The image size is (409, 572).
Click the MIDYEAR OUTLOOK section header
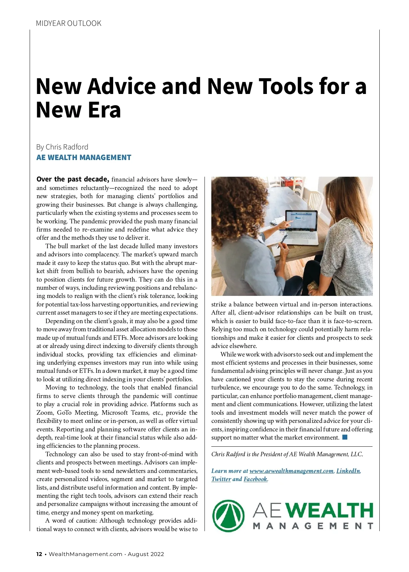pyautogui.click(x=69, y=23)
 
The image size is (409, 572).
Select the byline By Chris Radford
pyautogui.click(x=62, y=147)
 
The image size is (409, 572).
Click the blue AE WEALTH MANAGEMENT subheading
pyautogui.click(x=84, y=157)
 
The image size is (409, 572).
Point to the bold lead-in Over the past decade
pyautogui.click(x=73, y=179)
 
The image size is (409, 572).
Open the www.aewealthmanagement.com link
pyautogui.click(x=291, y=471)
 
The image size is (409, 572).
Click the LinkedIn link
pyautogui.click(x=348, y=471)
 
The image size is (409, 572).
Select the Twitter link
pyautogui.click(x=221, y=479)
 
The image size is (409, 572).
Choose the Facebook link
pyautogui.click(x=256, y=479)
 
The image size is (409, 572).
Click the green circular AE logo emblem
pyautogui.click(x=228, y=515)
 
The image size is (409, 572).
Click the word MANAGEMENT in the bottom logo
pyautogui.click(x=313, y=526)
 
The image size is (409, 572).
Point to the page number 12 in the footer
pyautogui.click(x=40, y=554)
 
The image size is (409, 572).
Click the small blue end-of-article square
pyautogui.click(x=345, y=437)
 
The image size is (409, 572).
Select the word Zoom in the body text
pyautogui.click(x=45, y=413)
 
